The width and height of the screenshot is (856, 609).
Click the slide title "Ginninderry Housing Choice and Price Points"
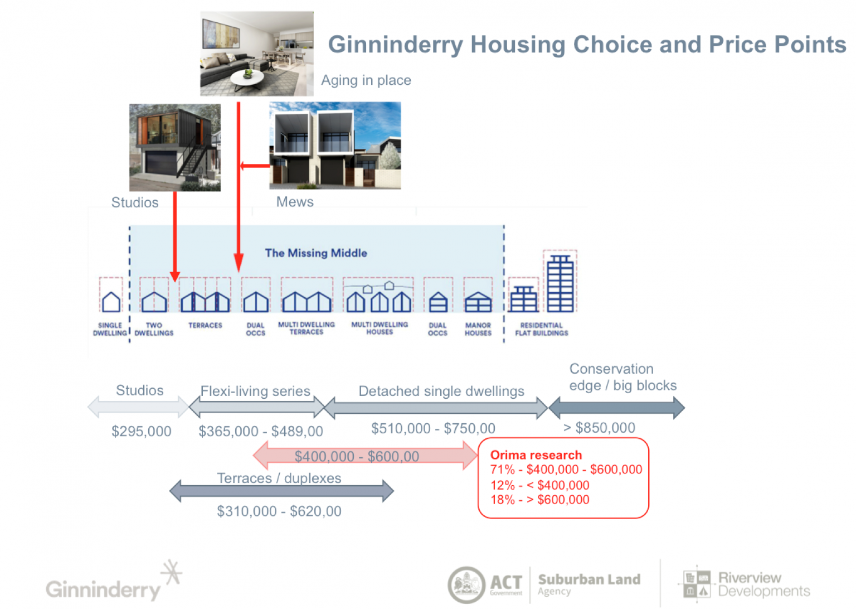(x=586, y=45)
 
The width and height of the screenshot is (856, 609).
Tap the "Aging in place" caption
(x=366, y=80)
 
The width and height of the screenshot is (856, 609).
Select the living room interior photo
(x=256, y=54)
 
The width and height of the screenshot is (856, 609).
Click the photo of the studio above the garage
(x=174, y=147)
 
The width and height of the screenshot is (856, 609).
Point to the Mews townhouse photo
(x=334, y=145)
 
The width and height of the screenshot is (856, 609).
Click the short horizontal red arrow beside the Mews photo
(x=255, y=166)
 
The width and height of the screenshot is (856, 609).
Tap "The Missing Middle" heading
(x=316, y=253)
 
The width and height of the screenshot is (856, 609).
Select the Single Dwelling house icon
(x=111, y=302)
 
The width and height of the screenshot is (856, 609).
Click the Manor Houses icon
(x=478, y=302)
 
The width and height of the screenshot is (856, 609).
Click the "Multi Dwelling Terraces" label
(x=307, y=328)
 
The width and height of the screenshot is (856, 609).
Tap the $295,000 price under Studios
(x=141, y=431)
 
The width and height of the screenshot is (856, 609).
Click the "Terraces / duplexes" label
(x=279, y=478)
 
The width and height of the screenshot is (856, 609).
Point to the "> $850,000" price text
(x=599, y=428)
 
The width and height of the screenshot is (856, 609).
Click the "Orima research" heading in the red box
(x=536, y=455)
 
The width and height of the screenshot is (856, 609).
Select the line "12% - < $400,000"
(x=539, y=485)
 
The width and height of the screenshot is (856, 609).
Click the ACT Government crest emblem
(x=466, y=585)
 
